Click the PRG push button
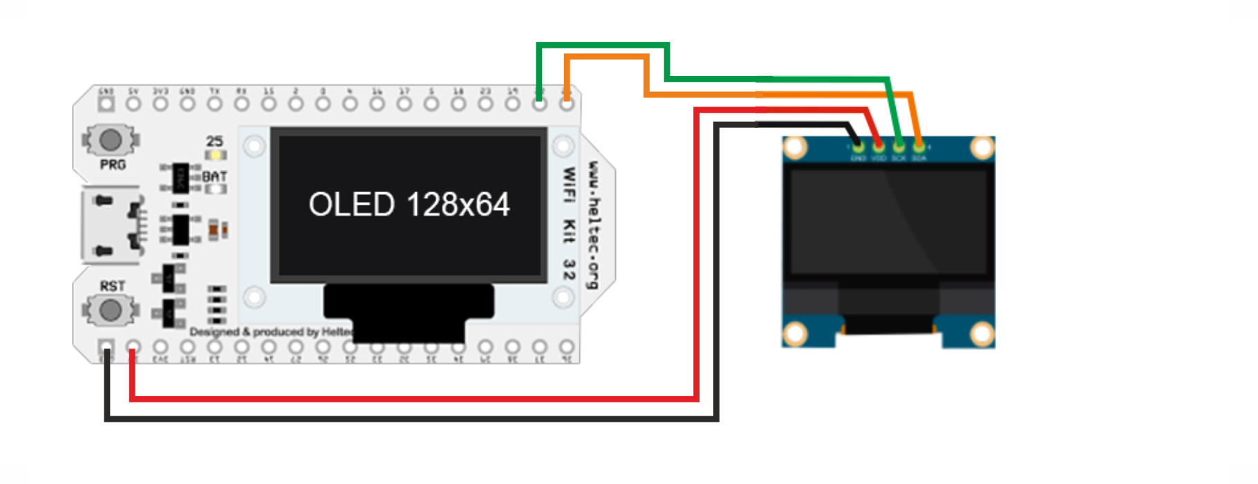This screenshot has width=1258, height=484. [x=111, y=140]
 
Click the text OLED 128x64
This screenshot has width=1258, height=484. [x=409, y=205]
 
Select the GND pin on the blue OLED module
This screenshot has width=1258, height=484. [x=858, y=146]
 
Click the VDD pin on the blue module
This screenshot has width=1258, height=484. [x=878, y=146]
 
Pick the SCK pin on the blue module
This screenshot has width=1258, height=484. [x=899, y=146]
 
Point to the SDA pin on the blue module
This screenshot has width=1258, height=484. [x=919, y=146]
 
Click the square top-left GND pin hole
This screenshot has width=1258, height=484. [x=106, y=104]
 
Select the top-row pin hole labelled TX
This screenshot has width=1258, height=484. [x=215, y=104]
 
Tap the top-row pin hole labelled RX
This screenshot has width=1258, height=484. [x=242, y=104]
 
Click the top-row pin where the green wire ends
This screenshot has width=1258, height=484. [x=540, y=104]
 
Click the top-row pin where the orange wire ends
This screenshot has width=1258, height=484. [x=567, y=104]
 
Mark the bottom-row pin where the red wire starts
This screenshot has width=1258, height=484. [x=133, y=346]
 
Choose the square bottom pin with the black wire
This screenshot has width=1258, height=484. [x=106, y=346]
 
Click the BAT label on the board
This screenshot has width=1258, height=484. [x=215, y=177]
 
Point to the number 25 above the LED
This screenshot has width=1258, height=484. [x=215, y=141]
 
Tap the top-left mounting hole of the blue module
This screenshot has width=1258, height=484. [x=796, y=147]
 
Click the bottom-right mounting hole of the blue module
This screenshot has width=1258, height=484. [x=982, y=335]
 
